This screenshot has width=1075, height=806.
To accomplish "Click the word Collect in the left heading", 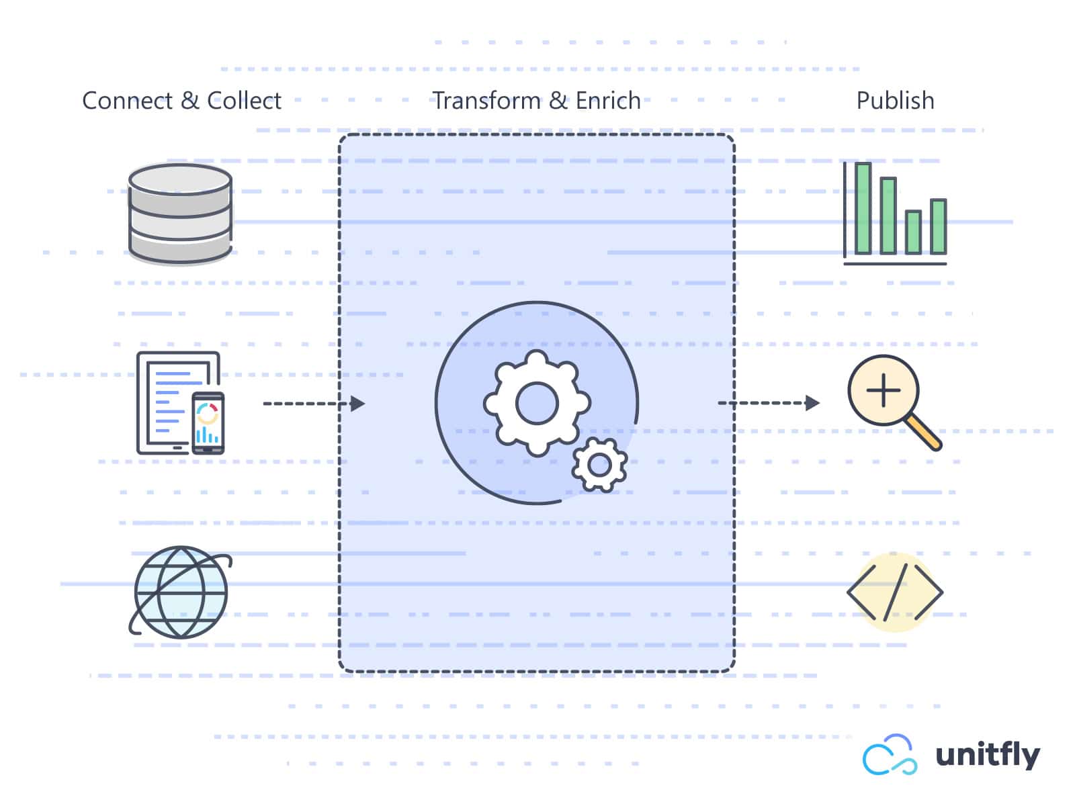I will (244, 101).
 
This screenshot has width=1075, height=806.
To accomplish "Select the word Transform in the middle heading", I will (486, 101).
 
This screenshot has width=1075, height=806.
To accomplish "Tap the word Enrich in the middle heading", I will (608, 101).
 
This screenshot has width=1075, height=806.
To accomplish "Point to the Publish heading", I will (895, 101).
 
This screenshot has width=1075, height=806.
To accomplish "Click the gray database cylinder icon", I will (180, 213).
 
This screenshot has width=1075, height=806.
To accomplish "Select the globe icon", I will (181, 592).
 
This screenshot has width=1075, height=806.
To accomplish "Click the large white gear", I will (537, 404).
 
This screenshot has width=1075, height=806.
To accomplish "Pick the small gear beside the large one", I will (599, 464).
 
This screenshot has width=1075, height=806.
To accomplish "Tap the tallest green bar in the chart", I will (863, 208).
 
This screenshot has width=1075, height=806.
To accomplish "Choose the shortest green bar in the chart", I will (912, 232).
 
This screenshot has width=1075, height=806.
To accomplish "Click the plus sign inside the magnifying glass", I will (883, 390).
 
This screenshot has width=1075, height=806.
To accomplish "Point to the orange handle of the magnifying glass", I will (923, 433).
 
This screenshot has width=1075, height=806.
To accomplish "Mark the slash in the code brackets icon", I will (896, 592).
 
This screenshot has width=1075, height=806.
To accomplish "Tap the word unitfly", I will (988, 755).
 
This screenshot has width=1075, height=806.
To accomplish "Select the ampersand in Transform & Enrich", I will (558, 101).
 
